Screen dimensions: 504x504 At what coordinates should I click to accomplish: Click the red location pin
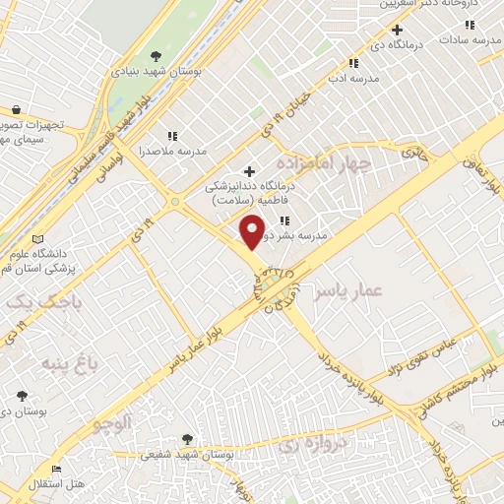tap(253, 231)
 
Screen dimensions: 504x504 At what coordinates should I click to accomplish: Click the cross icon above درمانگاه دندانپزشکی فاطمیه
tap(248, 171)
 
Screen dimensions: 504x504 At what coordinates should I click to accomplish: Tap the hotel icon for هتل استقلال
tap(57, 470)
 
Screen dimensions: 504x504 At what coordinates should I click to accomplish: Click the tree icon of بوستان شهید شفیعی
tap(187, 439)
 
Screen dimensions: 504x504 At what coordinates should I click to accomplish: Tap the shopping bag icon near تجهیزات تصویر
tap(16, 110)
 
